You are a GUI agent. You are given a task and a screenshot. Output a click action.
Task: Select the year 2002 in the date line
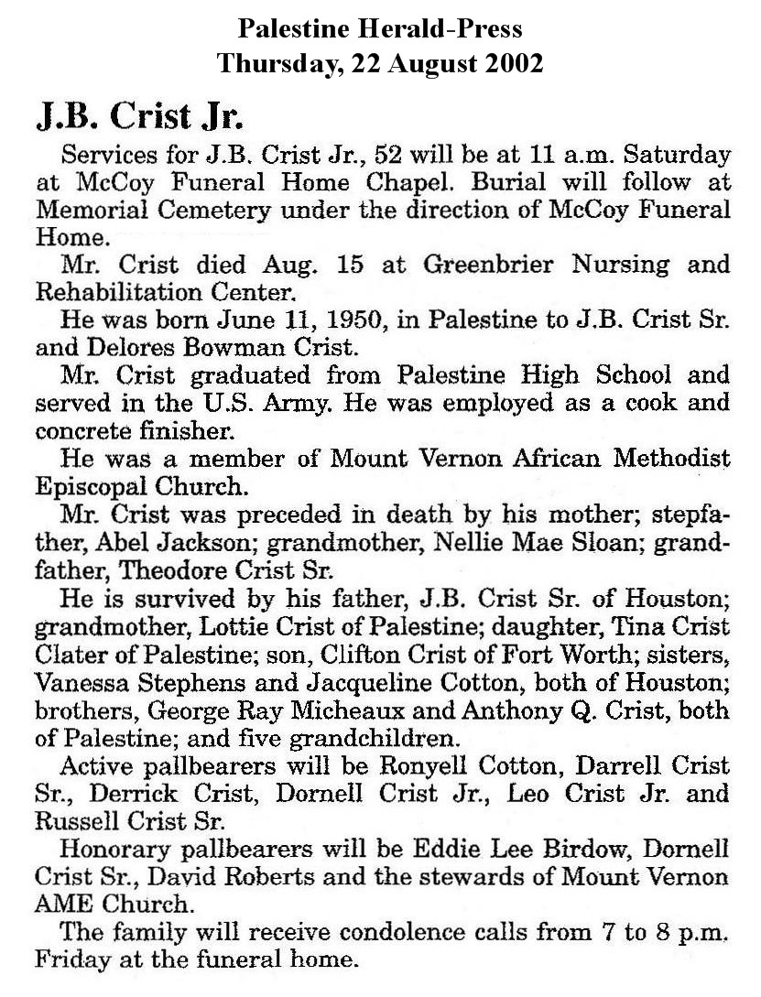(x=508, y=63)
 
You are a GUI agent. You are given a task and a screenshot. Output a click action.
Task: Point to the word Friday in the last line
(x=70, y=961)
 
